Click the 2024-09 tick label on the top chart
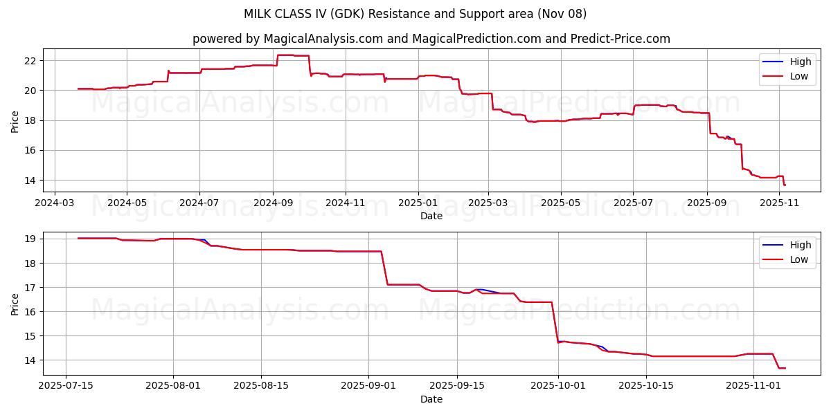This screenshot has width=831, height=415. (272, 203)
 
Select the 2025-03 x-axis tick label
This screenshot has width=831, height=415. (488, 203)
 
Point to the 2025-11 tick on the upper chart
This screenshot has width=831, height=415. (780, 203)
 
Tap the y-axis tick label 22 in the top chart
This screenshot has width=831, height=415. (29, 61)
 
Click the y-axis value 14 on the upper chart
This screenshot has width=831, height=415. (29, 181)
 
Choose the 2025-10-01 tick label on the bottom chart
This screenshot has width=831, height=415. (558, 386)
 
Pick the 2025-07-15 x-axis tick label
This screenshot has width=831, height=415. (66, 386)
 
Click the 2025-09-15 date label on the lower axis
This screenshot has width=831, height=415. (457, 386)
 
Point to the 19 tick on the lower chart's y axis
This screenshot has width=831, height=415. (29, 239)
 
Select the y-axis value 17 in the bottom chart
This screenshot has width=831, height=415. (29, 288)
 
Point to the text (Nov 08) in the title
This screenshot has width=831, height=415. (561, 14)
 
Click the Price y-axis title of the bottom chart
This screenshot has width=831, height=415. (15, 304)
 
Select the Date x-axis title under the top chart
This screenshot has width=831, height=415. (431, 216)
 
